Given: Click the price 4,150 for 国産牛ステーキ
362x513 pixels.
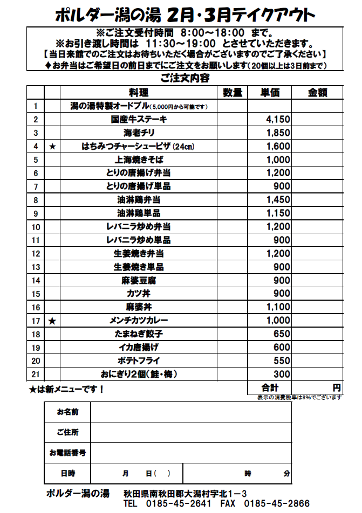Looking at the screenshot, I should [x=278, y=120].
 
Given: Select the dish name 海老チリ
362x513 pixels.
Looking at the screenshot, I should [x=139, y=133].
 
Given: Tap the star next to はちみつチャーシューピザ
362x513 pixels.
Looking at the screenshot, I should [x=52, y=147].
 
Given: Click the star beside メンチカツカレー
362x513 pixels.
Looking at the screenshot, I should [x=52, y=321].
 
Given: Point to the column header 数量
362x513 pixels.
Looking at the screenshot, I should [x=233, y=93].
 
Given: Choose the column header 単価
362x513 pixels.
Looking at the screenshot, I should [x=270, y=93].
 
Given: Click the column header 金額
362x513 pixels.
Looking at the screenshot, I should [x=317, y=93].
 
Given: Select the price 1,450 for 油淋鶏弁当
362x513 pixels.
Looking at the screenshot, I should [x=278, y=200].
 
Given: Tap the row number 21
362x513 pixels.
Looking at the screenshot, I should [x=36, y=375].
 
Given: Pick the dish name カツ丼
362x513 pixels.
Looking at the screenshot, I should [x=139, y=294].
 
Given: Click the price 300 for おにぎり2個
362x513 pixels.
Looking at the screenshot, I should [x=282, y=375].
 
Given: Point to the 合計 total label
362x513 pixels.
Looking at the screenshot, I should [x=270, y=387].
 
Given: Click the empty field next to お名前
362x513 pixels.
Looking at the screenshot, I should [x=191, y=412].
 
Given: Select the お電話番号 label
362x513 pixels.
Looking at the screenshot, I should [x=67, y=453].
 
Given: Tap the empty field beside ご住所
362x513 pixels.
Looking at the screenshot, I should [x=191, y=432].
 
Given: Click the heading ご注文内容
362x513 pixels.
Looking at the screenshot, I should [x=185, y=78].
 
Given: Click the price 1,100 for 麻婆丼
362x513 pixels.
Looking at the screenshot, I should [x=278, y=307].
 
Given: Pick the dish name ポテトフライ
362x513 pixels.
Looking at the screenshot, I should [x=139, y=361].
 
